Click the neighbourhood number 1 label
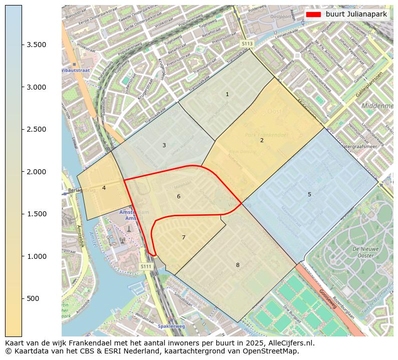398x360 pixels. click(x=227, y=94)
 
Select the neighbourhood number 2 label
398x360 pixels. click(x=262, y=141)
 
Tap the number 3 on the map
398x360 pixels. click(x=164, y=146)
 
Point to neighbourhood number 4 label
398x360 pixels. click(x=104, y=188)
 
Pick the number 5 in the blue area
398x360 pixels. click(x=309, y=194)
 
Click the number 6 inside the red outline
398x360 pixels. click(x=178, y=197)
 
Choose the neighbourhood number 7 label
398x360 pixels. click(x=183, y=237)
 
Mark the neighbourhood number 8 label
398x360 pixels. click(x=238, y=265)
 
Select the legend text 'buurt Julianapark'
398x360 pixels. click(x=356, y=14)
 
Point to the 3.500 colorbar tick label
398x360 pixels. click(x=37, y=45)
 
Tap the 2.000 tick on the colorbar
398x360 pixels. click(x=37, y=172)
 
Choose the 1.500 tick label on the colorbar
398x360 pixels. click(x=37, y=214)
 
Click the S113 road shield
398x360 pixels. click(x=247, y=44)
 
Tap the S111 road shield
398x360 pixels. click(x=146, y=266)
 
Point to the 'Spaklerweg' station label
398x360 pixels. click(x=171, y=326)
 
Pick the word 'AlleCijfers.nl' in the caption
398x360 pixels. click(x=293, y=343)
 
